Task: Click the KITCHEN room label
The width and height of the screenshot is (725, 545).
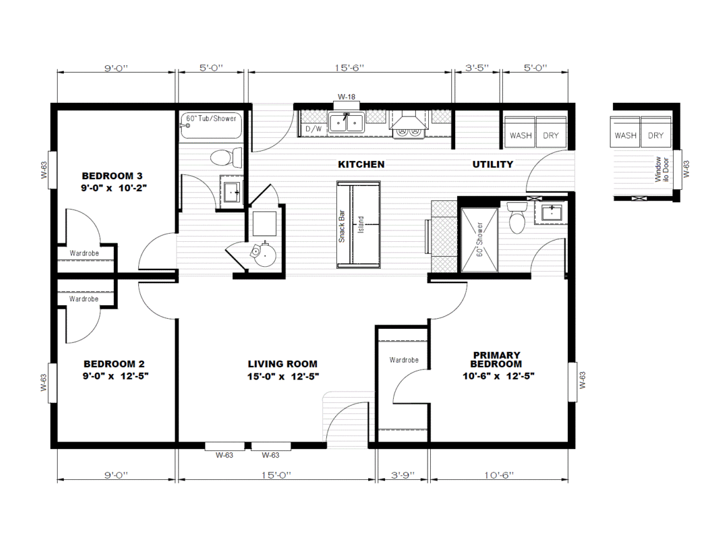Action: point(361,164)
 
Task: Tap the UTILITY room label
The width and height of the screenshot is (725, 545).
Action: point(493,164)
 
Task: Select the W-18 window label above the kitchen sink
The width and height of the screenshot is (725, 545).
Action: point(346,96)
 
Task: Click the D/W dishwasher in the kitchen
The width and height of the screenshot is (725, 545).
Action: point(314,129)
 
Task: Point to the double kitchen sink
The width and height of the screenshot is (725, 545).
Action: point(346,123)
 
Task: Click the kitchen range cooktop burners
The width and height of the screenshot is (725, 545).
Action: point(408,132)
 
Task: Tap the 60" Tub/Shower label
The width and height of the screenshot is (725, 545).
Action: point(211,118)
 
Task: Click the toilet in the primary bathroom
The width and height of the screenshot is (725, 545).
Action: point(517,217)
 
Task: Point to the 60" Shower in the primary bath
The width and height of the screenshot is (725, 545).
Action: point(480,240)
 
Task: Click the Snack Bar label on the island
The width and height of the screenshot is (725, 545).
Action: point(342,226)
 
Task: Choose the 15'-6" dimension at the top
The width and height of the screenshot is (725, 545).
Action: point(349,68)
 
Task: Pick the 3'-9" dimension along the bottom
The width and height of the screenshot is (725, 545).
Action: point(403,475)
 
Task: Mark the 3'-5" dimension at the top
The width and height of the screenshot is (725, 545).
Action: point(476,68)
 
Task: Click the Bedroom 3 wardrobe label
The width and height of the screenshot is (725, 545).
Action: point(84,253)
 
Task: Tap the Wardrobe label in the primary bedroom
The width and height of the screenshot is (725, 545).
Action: point(404,360)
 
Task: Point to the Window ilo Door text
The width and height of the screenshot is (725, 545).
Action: point(662,169)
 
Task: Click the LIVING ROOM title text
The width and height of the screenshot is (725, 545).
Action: point(282,364)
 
